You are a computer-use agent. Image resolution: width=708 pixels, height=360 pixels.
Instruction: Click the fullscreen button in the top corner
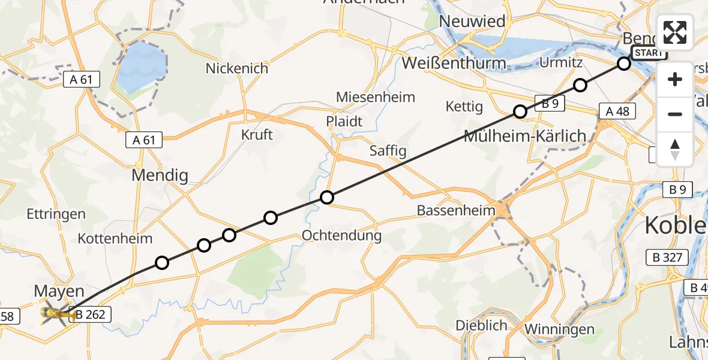click(675, 32)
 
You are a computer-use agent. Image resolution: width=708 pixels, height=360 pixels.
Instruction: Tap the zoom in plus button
click(675, 79)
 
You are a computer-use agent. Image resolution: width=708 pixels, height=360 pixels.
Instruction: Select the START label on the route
click(649, 53)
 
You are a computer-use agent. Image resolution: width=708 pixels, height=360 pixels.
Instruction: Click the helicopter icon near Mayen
click(52, 313)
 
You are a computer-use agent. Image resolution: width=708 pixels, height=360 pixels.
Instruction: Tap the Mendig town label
click(160, 176)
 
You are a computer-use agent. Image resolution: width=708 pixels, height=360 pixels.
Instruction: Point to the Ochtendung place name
click(341, 235)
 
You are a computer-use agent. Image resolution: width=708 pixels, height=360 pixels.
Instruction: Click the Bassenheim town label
click(455, 210)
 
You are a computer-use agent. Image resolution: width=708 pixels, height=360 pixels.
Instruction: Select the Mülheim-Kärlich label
click(525, 136)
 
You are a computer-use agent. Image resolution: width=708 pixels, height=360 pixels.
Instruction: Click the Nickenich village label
click(237, 68)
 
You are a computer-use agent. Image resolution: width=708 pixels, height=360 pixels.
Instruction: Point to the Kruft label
click(257, 134)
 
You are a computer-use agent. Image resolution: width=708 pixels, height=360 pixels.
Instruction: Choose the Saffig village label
click(388, 150)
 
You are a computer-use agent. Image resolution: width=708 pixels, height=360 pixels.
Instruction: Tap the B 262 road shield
click(91, 314)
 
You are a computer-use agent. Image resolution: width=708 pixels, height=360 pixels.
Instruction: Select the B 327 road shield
click(665, 258)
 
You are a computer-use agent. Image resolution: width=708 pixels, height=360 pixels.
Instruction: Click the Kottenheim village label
click(115, 238)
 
